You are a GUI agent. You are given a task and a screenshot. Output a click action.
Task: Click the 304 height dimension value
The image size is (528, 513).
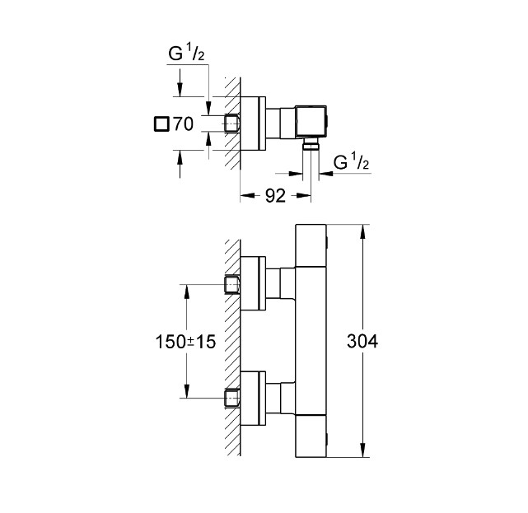(x=362, y=342)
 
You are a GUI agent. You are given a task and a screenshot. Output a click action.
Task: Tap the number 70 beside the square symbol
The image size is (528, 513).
(x=183, y=125)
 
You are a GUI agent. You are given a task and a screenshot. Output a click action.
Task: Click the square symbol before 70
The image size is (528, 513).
(x=161, y=125)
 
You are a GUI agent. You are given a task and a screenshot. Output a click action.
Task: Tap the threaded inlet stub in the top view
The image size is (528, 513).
(x=231, y=124)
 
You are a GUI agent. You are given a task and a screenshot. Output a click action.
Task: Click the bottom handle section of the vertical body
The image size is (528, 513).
(x=311, y=436)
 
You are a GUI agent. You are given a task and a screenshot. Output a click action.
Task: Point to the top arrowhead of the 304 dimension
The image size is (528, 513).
(x=362, y=228)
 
